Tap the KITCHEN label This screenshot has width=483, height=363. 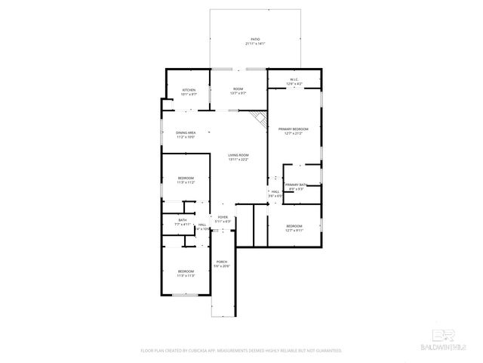tap(189, 92)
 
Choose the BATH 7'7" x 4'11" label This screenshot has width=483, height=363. tap(183, 222)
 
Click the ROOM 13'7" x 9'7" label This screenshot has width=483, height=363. tap(238, 92)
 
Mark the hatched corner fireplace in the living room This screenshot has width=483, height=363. tap(260, 118)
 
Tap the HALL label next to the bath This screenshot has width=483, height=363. tap(202, 226)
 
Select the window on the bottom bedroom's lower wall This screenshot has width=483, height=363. tap(184, 295)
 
